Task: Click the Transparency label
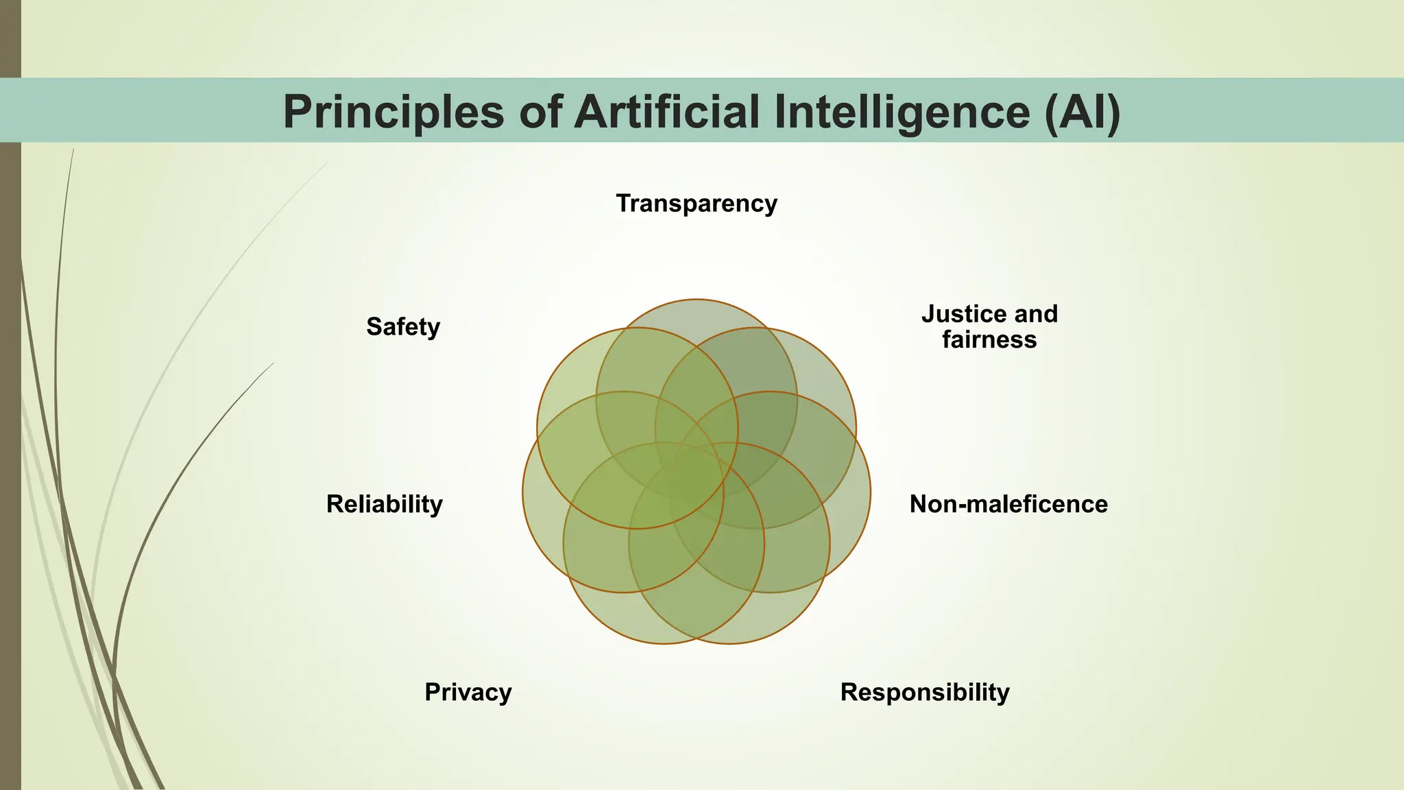point(697,204)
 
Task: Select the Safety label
point(402,326)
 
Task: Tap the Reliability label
point(384,504)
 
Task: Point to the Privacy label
point(468,692)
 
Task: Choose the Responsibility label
point(924,692)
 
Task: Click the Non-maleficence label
point(1008,504)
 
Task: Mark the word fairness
point(989,339)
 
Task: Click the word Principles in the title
point(394,111)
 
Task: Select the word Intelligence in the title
point(903,111)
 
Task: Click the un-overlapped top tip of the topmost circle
point(697,312)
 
